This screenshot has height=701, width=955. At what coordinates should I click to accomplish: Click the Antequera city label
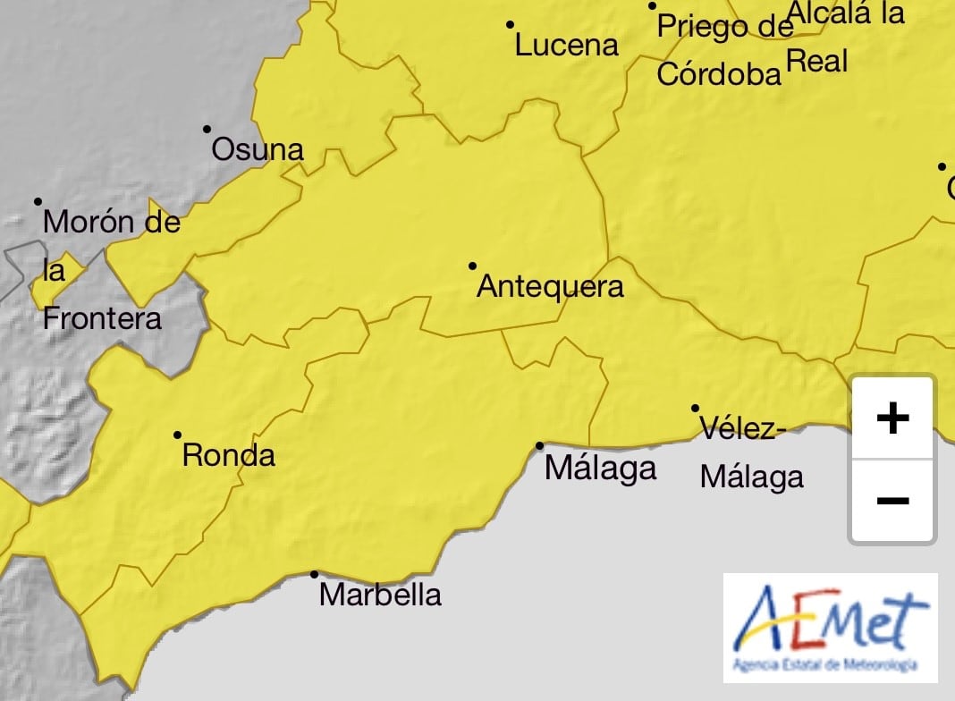pos(550,287)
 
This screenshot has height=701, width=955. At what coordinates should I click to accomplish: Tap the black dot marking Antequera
pos(472,266)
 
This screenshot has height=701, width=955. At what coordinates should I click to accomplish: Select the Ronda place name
pos(229,456)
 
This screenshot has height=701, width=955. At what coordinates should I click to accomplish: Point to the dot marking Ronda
pos(177,435)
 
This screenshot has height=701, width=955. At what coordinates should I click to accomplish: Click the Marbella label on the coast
pos(380,595)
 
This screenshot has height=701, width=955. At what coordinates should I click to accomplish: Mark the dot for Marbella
pos(314,574)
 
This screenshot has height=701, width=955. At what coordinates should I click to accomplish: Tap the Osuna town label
pos(258,150)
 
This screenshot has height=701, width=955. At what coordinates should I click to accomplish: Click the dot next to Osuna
pos(207,129)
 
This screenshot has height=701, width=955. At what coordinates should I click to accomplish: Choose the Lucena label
pos(567,46)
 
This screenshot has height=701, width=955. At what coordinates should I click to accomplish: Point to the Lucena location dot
pos(511,24)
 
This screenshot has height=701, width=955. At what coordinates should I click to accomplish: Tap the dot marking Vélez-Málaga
pos(695,408)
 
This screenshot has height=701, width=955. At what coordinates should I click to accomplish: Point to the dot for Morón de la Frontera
pos(38,201)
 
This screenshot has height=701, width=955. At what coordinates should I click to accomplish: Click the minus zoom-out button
pos(892,501)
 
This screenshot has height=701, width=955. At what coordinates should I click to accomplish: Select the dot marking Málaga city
pos(540,445)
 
